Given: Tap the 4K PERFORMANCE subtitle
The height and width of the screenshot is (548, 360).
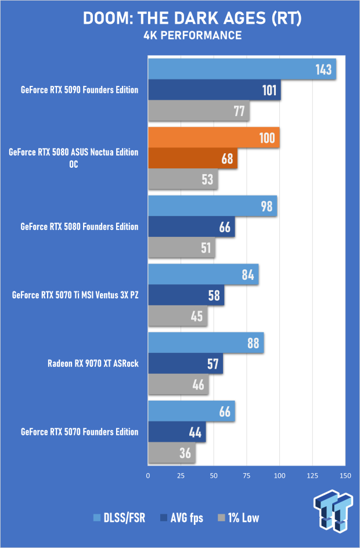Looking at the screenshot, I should click(x=180, y=35).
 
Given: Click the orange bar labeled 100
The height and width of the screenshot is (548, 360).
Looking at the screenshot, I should click(x=214, y=138).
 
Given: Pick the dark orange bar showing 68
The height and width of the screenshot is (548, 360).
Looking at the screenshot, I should click(x=193, y=158).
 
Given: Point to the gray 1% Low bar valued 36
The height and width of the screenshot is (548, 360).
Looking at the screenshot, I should click(x=172, y=453).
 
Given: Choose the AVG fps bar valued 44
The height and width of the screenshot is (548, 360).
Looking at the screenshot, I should click(x=177, y=432).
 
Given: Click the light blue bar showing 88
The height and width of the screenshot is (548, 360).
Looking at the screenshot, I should click(x=206, y=342).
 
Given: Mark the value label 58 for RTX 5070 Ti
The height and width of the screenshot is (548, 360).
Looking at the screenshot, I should click(x=214, y=295).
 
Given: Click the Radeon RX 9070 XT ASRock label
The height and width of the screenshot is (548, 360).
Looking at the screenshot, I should click(x=93, y=364).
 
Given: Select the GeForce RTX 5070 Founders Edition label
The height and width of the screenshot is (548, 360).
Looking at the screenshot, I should click(x=80, y=432).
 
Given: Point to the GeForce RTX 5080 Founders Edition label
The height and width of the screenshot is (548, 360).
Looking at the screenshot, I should click(x=80, y=226).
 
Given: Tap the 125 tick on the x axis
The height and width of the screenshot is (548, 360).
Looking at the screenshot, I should click(x=313, y=475).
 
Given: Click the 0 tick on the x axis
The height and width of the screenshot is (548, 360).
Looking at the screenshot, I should click(x=148, y=475).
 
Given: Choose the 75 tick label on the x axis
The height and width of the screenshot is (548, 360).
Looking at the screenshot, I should click(x=247, y=475).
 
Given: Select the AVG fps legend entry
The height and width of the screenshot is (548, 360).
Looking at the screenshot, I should click(x=182, y=518).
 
